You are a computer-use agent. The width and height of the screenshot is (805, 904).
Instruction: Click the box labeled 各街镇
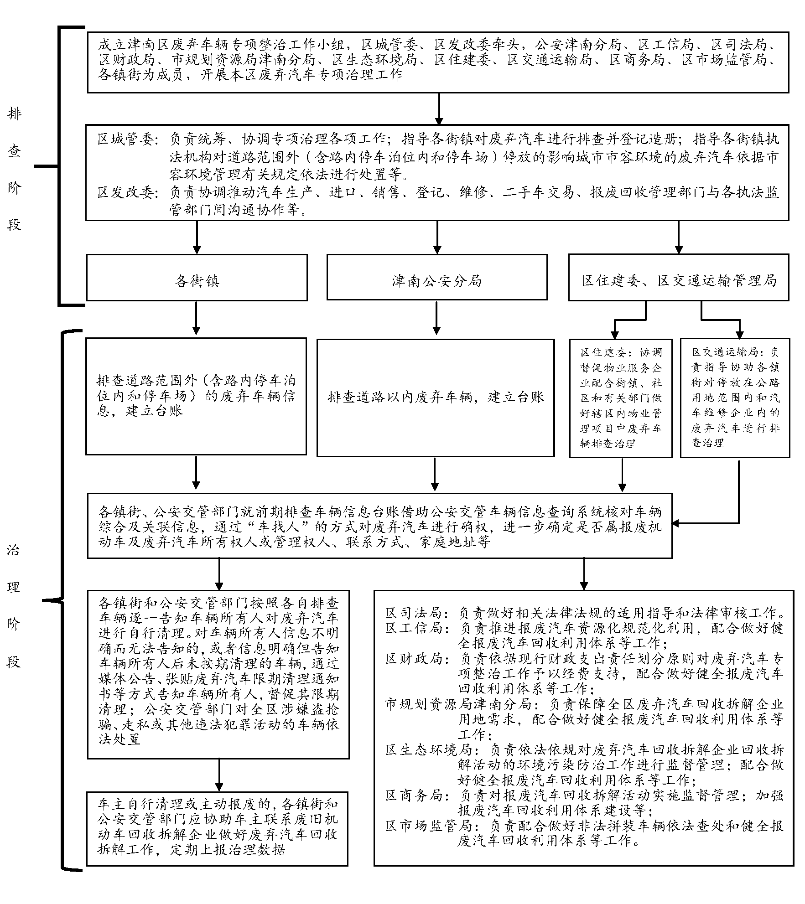[197, 278]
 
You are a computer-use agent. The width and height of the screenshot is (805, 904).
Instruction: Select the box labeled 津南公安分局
[436, 278]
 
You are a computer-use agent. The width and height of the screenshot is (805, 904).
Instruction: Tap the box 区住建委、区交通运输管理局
[678, 278]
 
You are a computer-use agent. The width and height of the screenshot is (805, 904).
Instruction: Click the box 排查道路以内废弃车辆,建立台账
[435, 397]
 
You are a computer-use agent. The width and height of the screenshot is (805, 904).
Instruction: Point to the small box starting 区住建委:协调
[620, 397]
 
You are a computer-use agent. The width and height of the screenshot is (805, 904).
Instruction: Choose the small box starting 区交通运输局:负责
[735, 397]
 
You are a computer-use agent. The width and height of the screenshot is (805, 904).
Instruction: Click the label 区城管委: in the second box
[126, 139]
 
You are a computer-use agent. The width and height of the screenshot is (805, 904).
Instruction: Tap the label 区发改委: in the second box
[126, 192]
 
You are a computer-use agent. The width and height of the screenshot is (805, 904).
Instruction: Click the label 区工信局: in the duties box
[414, 628]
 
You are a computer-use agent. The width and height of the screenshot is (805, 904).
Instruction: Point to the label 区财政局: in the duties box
[414, 659]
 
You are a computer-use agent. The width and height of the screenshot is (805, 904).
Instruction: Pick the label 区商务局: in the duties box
[414, 796]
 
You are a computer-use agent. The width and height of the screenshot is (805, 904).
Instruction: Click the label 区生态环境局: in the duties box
[429, 750]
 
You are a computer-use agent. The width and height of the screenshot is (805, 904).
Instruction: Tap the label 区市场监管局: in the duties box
[429, 826]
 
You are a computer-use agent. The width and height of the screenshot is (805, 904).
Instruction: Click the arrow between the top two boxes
[438, 109]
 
